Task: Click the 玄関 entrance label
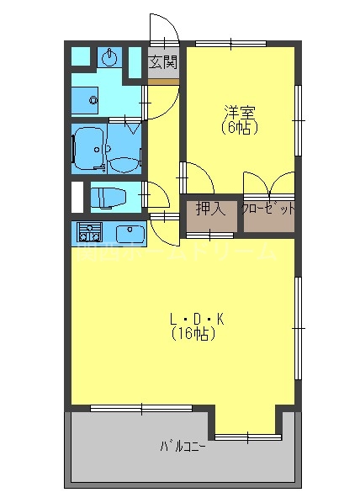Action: point(164,62)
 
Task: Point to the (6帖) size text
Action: point(240,129)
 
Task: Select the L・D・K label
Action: point(195,319)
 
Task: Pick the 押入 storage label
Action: point(209,208)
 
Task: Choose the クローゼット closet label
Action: point(268,209)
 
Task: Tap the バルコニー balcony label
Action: point(183,446)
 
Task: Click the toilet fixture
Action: point(109,199)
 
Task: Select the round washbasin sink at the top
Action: point(109,58)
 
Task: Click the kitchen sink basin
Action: point(129,232)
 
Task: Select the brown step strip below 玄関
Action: point(164,80)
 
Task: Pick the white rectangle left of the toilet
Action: point(77,197)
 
